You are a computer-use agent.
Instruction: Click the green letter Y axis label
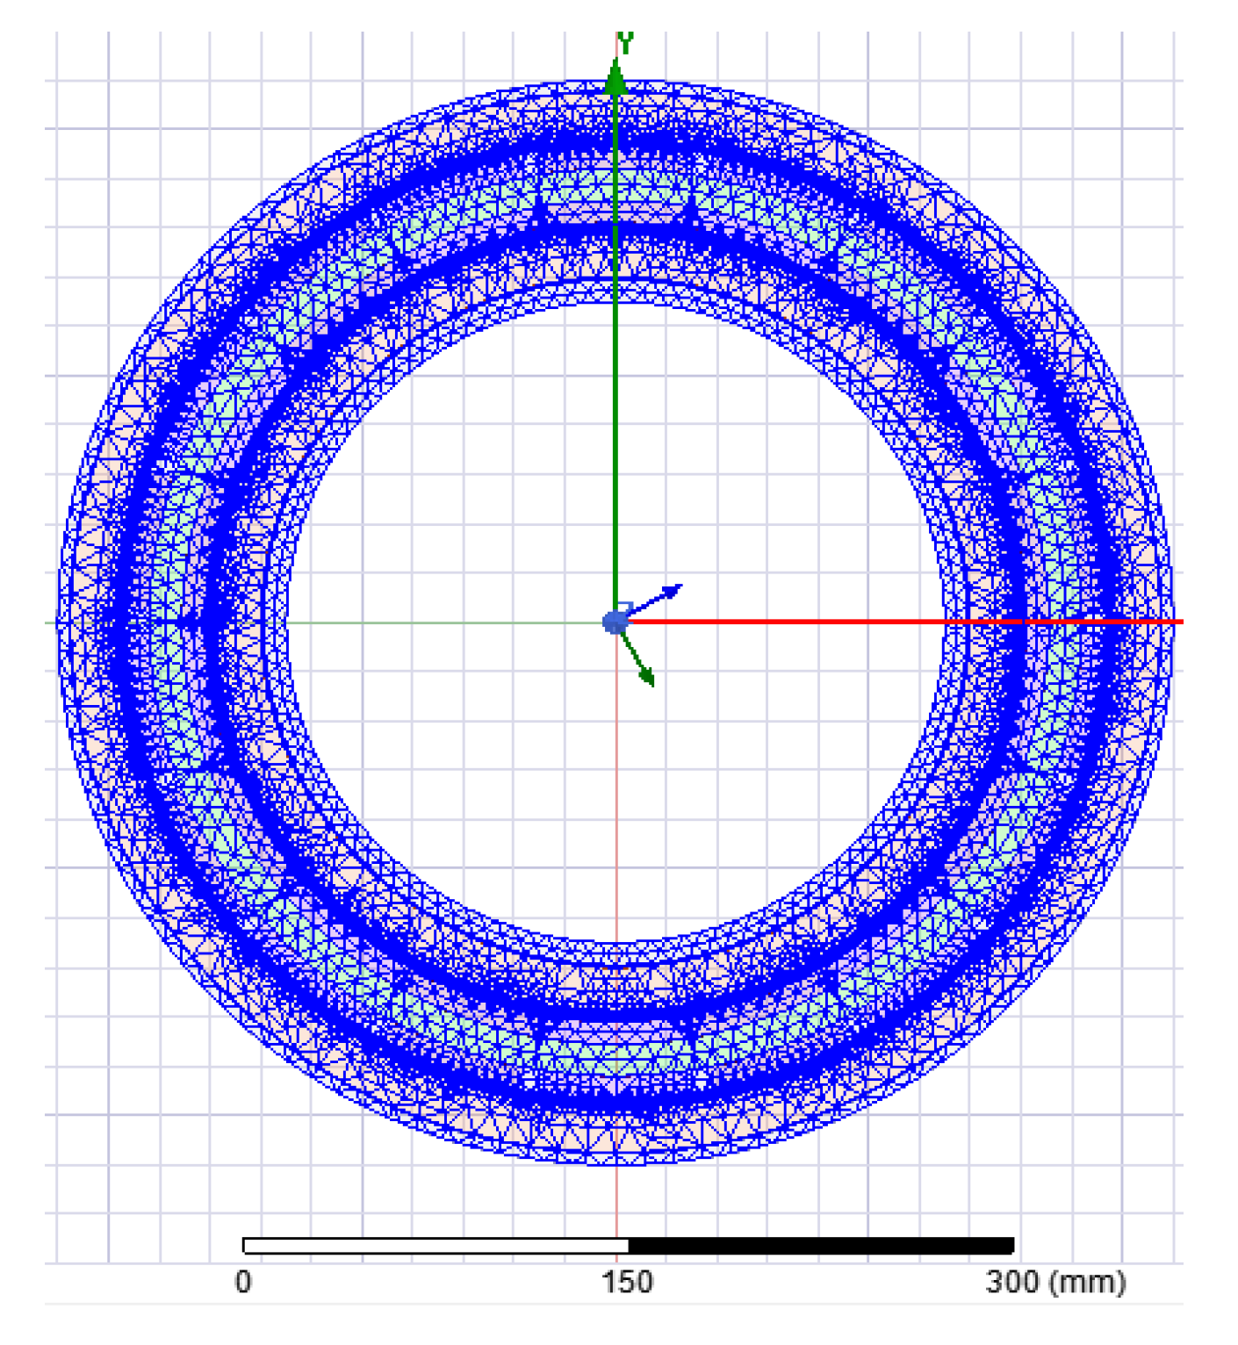pos(625,41)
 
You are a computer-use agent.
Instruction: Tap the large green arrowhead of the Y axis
pos(616,77)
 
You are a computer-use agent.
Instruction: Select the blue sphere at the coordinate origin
pos(615,622)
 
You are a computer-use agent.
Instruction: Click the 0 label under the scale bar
pos(243,1283)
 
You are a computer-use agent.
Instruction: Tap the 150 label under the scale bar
pos(627,1283)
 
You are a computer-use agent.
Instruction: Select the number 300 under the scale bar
pos(1011,1283)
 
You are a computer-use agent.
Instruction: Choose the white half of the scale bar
pos(435,1246)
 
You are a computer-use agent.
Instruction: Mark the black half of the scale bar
pos(821,1246)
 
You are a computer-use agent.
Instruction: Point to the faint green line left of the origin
pos(439,622)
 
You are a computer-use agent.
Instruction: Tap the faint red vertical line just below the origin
pos(616,790)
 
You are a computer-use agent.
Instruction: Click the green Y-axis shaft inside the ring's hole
pos(615,439)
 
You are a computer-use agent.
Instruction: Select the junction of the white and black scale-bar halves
pos(629,1246)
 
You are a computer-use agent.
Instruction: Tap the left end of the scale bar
pos(245,1246)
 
